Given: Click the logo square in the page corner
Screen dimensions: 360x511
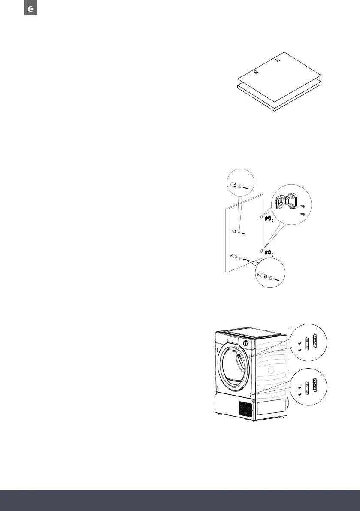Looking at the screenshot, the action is (30, 9).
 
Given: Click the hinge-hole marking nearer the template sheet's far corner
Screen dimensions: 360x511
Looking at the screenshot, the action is (278, 60).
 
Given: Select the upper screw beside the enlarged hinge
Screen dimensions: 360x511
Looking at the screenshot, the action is (303, 206).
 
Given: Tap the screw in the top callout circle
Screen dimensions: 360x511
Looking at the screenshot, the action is (248, 187).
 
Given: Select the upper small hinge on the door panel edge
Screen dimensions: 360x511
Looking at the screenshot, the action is (268, 219).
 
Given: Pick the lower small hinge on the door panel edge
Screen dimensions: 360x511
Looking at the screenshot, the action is (268, 251).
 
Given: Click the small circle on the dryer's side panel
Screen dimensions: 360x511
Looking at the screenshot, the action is (270, 369).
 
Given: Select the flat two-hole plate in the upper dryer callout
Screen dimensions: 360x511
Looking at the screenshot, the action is (306, 343).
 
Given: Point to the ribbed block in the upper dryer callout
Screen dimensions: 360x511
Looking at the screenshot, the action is (315, 341).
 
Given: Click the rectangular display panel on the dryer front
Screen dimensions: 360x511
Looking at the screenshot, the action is (229, 339).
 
